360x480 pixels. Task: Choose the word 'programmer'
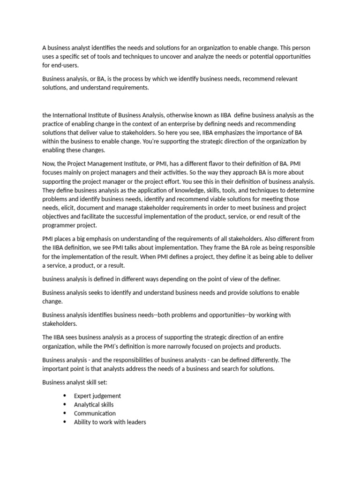pyautogui.click(x=59, y=225)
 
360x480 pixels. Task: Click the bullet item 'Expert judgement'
pyautogui.click(x=97, y=396)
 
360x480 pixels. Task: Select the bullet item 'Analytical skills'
pyautogui.click(x=94, y=405)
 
